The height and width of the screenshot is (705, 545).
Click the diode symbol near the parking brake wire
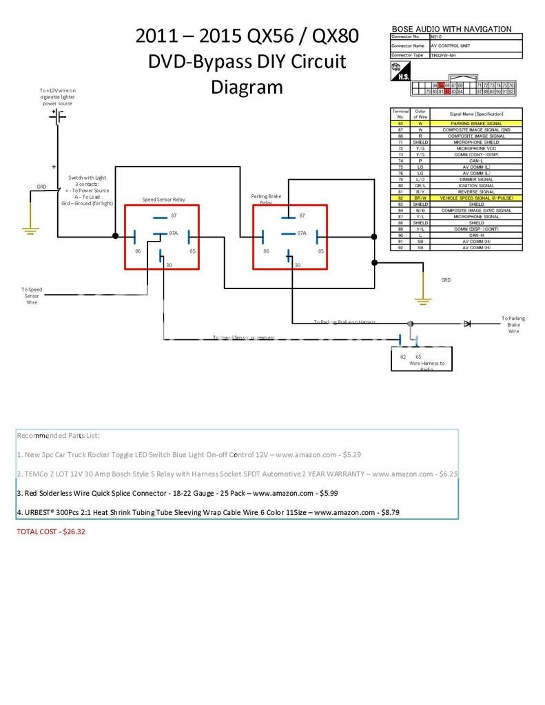pyautogui.click(x=466, y=323)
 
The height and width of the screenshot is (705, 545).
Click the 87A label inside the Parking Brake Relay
pyautogui.click(x=302, y=233)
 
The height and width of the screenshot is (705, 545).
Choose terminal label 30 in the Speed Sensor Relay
pyautogui.click(x=169, y=265)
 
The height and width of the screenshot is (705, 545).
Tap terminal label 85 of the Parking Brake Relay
pyautogui.click(x=321, y=251)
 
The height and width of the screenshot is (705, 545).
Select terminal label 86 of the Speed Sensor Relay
pyautogui.click(x=138, y=251)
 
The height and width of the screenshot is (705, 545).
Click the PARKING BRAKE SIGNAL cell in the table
pyautogui.click(x=476, y=123)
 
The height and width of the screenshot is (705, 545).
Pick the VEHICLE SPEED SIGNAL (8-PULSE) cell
pyautogui.click(x=476, y=198)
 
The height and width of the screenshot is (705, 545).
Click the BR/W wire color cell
pyautogui.click(x=420, y=198)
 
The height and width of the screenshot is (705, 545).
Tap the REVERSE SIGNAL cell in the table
pyautogui.click(x=476, y=191)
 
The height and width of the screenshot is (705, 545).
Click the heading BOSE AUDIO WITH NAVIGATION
pyautogui.click(x=451, y=29)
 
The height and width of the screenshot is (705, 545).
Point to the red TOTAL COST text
pyautogui.click(x=50, y=532)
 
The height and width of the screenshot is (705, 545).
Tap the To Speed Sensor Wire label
pyautogui.click(x=32, y=296)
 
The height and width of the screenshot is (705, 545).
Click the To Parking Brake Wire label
pyautogui.click(x=513, y=324)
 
